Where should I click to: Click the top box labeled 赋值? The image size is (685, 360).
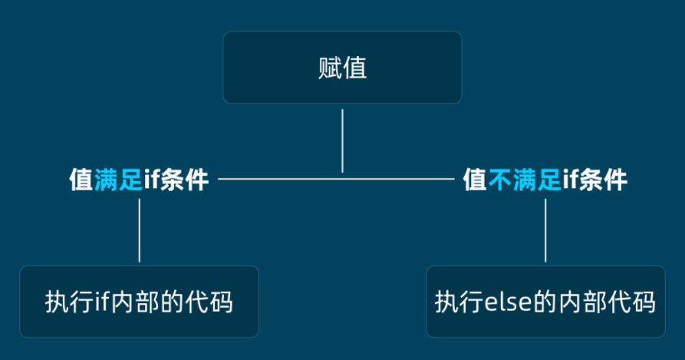coord(342,68)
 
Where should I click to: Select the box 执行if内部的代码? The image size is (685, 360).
coord(139,302)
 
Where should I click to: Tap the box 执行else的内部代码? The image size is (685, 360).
coord(545,302)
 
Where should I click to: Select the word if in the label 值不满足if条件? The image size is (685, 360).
coord(570,180)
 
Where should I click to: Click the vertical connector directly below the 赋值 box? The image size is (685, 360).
coord(342,140)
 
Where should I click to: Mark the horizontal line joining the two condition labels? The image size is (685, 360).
coord(338,180)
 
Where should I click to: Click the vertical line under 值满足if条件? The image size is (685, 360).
coord(139,230)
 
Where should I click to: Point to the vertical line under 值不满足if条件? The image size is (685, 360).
coord(545,230)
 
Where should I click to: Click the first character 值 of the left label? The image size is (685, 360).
coord(81,180)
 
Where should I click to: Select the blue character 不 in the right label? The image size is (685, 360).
coord(499,180)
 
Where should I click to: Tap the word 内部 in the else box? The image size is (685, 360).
coord(588,302)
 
